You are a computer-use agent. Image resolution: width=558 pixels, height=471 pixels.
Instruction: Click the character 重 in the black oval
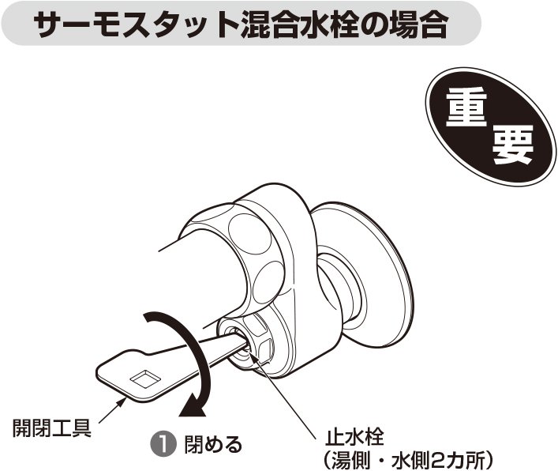(466, 107)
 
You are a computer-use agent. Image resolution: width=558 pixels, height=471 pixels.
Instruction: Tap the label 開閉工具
(52, 428)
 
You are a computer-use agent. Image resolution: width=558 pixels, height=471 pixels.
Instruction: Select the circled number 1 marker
(164, 443)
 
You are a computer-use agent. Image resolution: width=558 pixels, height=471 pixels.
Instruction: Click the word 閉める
(213, 444)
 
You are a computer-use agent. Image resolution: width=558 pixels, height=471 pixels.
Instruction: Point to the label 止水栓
(354, 436)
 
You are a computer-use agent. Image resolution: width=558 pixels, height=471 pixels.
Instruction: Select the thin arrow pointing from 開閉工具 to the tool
(113, 410)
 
